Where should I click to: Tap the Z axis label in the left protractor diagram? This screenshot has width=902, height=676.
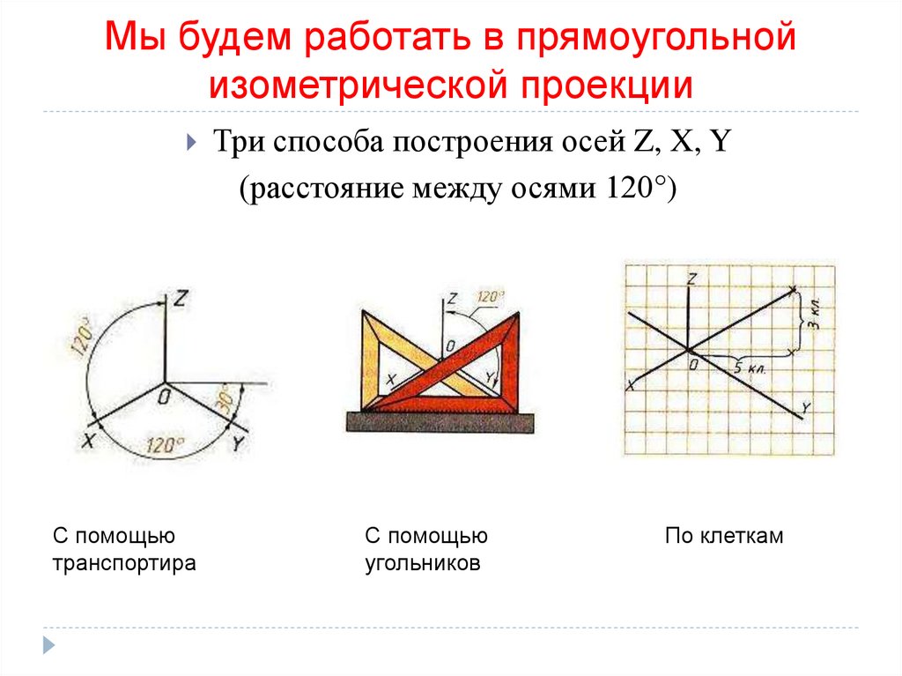click(x=181, y=299)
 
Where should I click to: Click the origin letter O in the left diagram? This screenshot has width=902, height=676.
click(x=165, y=399)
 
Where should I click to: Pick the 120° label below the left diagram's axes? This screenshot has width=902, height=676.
click(x=166, y=445)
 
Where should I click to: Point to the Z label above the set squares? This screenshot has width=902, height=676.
click(x=452, y=300)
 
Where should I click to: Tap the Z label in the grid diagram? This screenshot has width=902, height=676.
click(x=693, y=279)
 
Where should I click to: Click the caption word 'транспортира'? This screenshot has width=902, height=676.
click(x=123, y=563)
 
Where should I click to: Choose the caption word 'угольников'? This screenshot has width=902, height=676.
click(x=423, y=563)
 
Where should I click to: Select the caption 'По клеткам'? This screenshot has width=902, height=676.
click(x=724, y=535)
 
